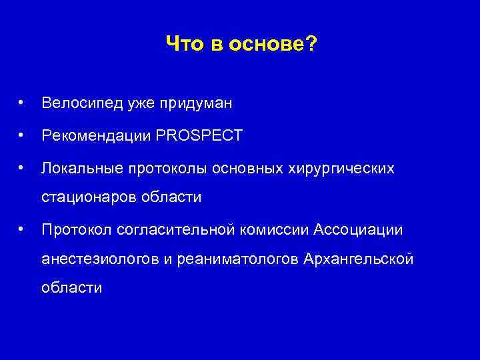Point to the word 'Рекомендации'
[x=95, y=136]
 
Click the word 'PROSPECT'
[x=199, y=136]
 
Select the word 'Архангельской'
[x=358, y=259]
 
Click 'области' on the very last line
[x=71, y=288]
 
